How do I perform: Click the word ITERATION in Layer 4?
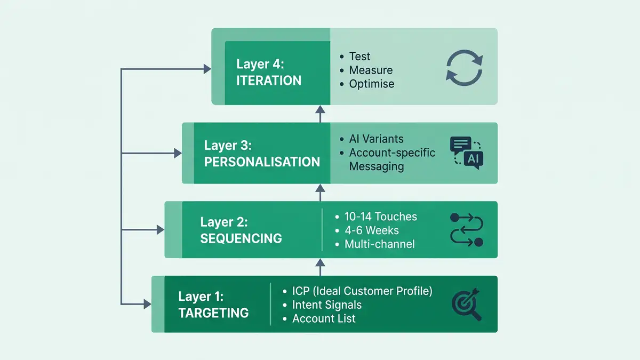[269, 81]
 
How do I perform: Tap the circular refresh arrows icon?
[464, 68]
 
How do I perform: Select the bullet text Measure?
[371, 70]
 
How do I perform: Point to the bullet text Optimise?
[372, 84]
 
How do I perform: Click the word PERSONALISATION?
[262, 162]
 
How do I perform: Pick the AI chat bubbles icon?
[466, 153]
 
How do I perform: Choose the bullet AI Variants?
[376, 139]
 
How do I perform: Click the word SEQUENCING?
[241, 238]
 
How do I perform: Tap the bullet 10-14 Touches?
[381, 217]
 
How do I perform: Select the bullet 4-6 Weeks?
[372, 230]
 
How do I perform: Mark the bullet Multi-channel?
[380, 244]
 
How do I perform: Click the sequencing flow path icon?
[467, 230]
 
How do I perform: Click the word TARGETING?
[213, 313]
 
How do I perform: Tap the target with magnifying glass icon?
[466, 305]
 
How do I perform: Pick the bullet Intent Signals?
[326, 305]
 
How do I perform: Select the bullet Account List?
[324, 319]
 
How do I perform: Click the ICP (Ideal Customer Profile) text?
[362, 291]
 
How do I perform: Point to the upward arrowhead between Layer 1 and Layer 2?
[320, 262]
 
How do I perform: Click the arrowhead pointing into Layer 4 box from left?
[206, 68]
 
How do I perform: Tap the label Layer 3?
[228, 146]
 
